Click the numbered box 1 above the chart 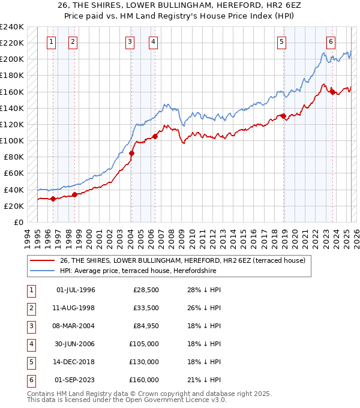pyautogui.click(x=51, y=41)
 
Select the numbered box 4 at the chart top pyautogui.click(x=154, y=41)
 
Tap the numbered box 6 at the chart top pyautogui.click(x=331, y=41)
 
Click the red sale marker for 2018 pyautogui.click(x=283, y=116)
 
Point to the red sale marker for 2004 pyautogui.click(x=131, y=153)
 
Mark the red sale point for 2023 pyautogui.click(x=332, y=92)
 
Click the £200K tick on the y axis pyautogui.click(x=11, y=59)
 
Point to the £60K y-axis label pyautogui.click(x=13, y=173)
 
